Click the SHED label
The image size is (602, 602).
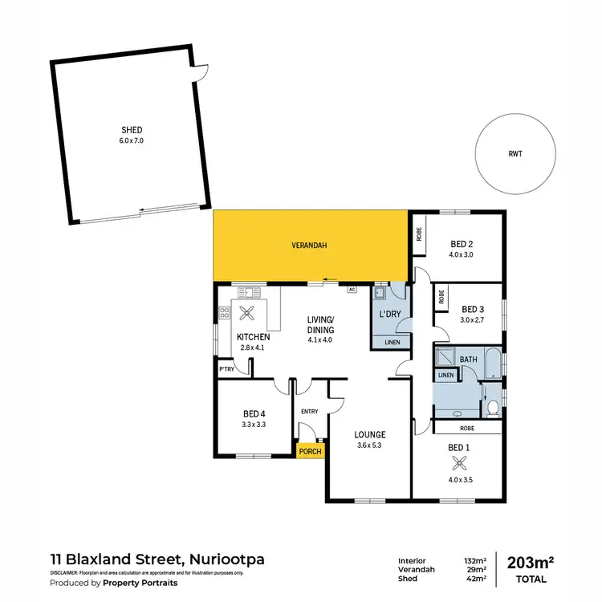131,129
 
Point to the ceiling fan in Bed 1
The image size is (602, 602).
460,462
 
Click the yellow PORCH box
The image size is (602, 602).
310,451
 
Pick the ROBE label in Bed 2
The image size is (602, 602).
419,234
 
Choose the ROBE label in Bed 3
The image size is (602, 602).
441,297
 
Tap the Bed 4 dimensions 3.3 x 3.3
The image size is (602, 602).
254,424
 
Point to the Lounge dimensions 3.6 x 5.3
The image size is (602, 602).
370,445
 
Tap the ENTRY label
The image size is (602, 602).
309,412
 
